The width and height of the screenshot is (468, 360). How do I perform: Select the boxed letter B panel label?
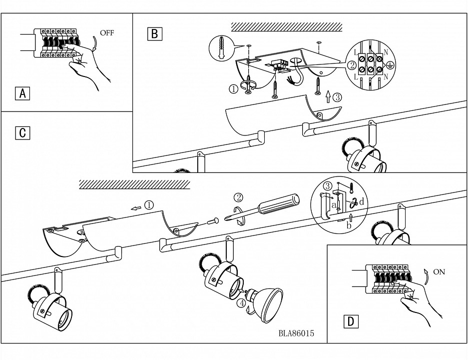[x=154, y=34]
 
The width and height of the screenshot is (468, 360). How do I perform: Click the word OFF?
[x=107, y=33]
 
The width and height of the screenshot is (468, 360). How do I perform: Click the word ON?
[x=439, y=272]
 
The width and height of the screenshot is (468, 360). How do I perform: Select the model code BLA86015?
[x=297, y=333]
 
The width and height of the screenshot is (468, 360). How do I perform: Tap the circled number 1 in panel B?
[x=233, y=89]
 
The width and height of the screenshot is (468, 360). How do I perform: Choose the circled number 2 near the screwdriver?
[x=239, y=197]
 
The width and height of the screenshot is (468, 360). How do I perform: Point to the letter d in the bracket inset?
[x=361, y=202]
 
